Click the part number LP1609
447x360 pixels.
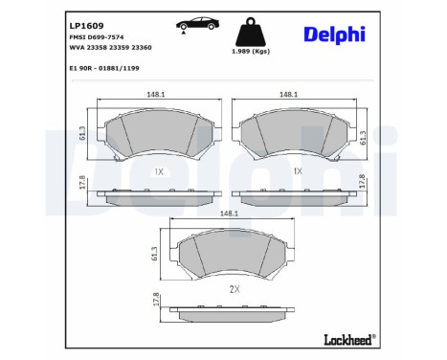coord(86,26)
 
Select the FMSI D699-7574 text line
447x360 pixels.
coord(97,37)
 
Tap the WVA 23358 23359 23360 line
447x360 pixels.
coord(110,48)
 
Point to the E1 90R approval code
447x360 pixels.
coord(104,68)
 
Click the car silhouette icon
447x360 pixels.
coord(197,23)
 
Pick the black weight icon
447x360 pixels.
coord(251,32)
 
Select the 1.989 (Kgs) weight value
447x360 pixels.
coord(251,51)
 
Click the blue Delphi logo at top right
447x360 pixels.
coord(334,34)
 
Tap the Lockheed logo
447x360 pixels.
coord(350,339)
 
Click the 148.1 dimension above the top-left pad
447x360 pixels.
coord(156,95)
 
